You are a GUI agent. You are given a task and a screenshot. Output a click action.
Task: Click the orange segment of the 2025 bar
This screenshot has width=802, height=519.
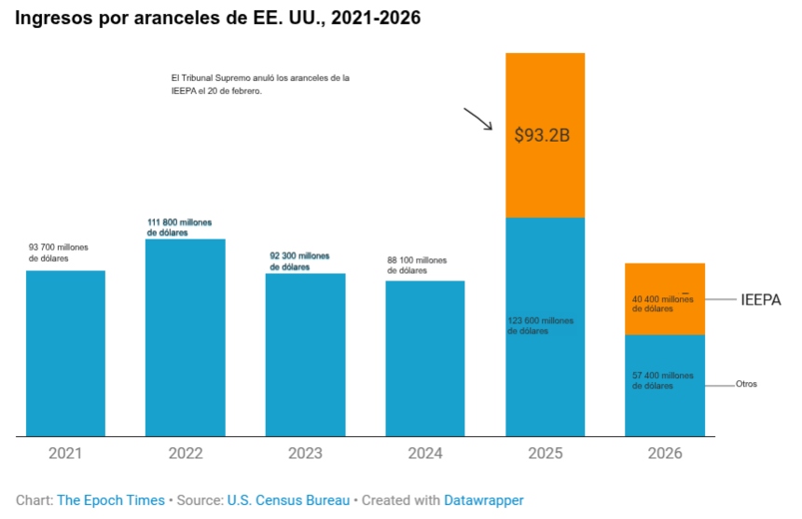click(x=545, y=135)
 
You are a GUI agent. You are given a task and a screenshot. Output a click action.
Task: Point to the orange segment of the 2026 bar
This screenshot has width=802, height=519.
click(x=664, y=299)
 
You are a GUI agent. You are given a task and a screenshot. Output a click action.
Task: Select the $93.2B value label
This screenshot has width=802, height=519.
click(x=542, y=135)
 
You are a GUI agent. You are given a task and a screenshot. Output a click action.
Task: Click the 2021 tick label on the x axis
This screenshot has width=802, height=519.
click(x=65, y=454)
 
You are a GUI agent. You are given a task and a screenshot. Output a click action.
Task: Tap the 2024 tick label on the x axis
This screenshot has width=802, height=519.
click(x=425, y=454)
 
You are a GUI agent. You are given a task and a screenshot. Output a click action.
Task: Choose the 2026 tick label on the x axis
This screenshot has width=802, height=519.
click(x=664, y=454)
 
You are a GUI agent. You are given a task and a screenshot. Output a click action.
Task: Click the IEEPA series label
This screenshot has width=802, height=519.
click(x=760, y=300)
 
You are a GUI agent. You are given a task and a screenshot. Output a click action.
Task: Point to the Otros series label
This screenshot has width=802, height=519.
click(x=746, y=384)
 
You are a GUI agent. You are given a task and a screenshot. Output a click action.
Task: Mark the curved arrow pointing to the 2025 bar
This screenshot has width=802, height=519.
click(x=477, y=119)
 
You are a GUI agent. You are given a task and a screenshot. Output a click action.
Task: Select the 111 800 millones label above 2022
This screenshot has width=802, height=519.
click(x=179, y=227)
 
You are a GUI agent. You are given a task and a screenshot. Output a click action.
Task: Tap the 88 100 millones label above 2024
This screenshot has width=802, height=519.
click(x=417, y=266)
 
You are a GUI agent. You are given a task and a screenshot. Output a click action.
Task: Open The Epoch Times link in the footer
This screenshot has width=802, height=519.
click(x=110, y=500)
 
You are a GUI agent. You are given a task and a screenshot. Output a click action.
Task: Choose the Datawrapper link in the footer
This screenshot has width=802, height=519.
click(x=483, y=500)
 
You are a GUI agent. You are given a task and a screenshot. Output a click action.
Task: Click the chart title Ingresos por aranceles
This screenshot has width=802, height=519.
click(x=217, y=18)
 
